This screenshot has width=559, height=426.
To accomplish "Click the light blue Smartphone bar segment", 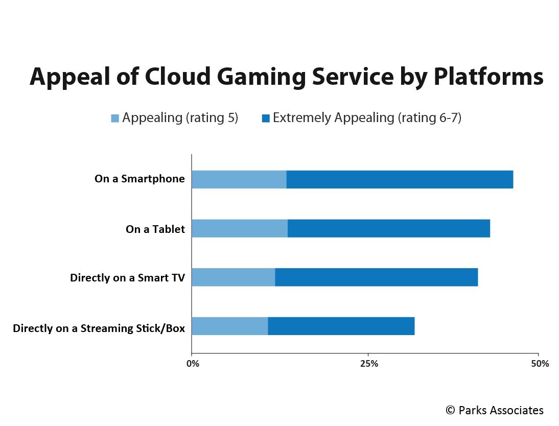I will (x=239, y=180).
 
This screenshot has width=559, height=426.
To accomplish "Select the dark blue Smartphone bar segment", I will (x=400, y=180).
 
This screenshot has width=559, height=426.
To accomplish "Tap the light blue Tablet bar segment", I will (x=240, y=228).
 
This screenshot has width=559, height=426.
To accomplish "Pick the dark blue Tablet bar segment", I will (x=389, y=228).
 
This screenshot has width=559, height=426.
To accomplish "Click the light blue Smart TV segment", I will (x=234, y=277).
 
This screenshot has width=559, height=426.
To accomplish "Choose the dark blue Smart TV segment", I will (x=377, y=277).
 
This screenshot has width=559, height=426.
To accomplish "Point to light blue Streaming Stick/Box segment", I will (x=230, y=326).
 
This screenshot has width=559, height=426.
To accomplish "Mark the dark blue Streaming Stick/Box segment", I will (x=341, y=326).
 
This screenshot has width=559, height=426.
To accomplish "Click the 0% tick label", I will (x=193, y=364).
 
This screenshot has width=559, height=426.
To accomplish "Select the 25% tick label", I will (x=369, y=364).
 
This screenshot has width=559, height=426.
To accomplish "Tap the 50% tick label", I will (x=540, y=364).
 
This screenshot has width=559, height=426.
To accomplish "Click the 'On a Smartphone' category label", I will (x=139, y=179).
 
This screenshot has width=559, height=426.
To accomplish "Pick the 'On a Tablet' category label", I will (x=155, y=229).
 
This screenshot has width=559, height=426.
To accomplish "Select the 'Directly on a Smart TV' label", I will (x=127, y=278).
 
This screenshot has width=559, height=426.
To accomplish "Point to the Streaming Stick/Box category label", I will (x=99, y=328).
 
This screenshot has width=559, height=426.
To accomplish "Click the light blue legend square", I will (x=115, y=119).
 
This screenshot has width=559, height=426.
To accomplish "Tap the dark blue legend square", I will (x=266, y=119).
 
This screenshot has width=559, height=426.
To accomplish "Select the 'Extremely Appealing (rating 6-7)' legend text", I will (x=367, y=118).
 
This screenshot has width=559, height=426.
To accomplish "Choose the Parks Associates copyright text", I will (x=494, y=410).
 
